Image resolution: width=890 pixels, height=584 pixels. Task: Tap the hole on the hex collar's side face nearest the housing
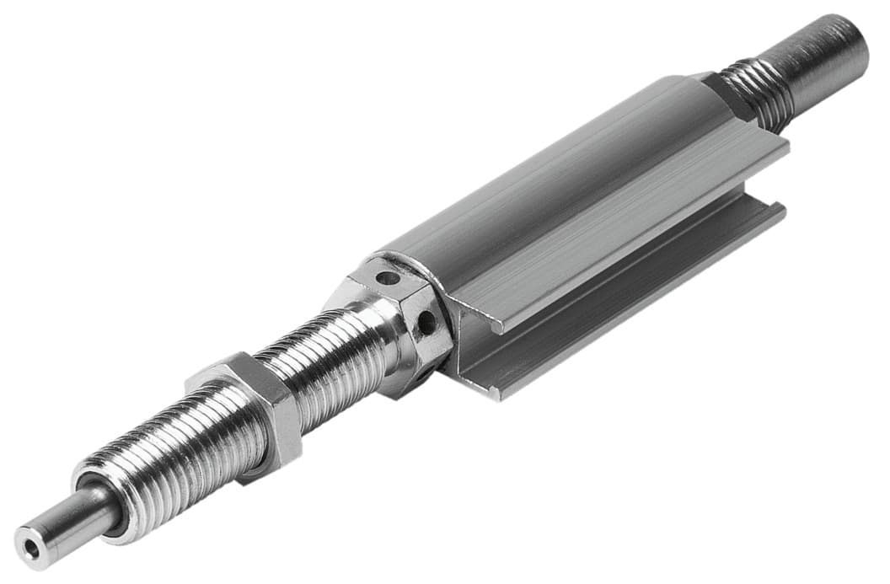click(426, 322)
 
